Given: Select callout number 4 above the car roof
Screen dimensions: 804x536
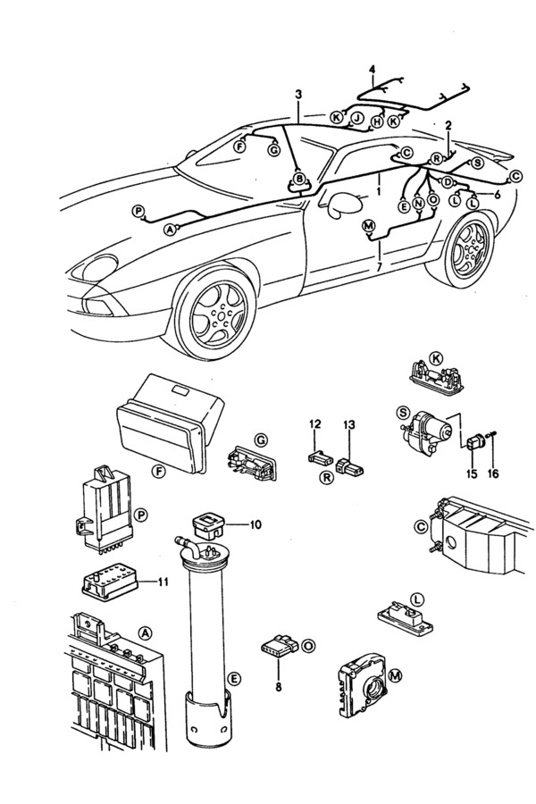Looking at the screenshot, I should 373,69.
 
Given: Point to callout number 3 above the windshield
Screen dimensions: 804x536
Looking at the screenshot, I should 298,94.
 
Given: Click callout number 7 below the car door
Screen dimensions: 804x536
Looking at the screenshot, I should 379,266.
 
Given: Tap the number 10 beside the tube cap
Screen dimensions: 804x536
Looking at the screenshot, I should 255,524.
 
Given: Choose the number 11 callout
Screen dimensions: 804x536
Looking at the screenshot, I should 163,582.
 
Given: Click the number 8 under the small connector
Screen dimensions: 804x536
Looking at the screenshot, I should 278,687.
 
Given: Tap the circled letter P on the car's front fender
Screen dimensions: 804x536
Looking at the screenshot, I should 138,211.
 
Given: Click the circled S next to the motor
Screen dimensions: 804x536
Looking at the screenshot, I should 403,413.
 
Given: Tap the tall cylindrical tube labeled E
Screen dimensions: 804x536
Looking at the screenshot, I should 208,643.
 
